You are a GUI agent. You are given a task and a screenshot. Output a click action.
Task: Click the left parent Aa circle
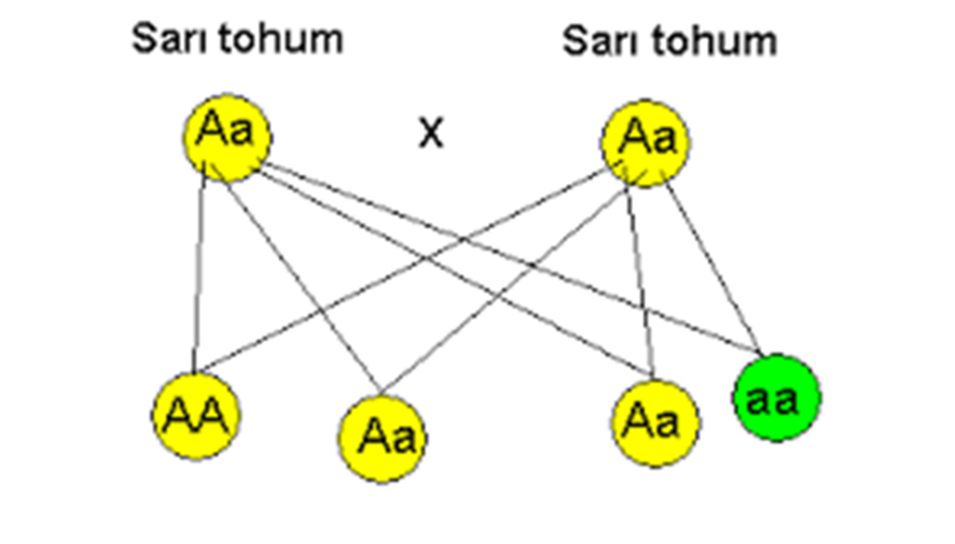[x=227, y=137]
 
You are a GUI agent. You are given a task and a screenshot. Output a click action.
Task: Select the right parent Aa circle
[x=646, y=142]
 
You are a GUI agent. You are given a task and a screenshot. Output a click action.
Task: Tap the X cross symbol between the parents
[x=431, y=134]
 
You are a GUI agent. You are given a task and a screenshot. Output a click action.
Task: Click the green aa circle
[x=775, y=398]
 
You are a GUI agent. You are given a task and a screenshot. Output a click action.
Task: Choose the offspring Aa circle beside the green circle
[x=656, y=423]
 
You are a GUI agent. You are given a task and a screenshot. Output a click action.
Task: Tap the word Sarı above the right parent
[x=595, y=41]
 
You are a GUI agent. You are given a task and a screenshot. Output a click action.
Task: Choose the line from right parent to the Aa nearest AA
[x=506, y=286]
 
